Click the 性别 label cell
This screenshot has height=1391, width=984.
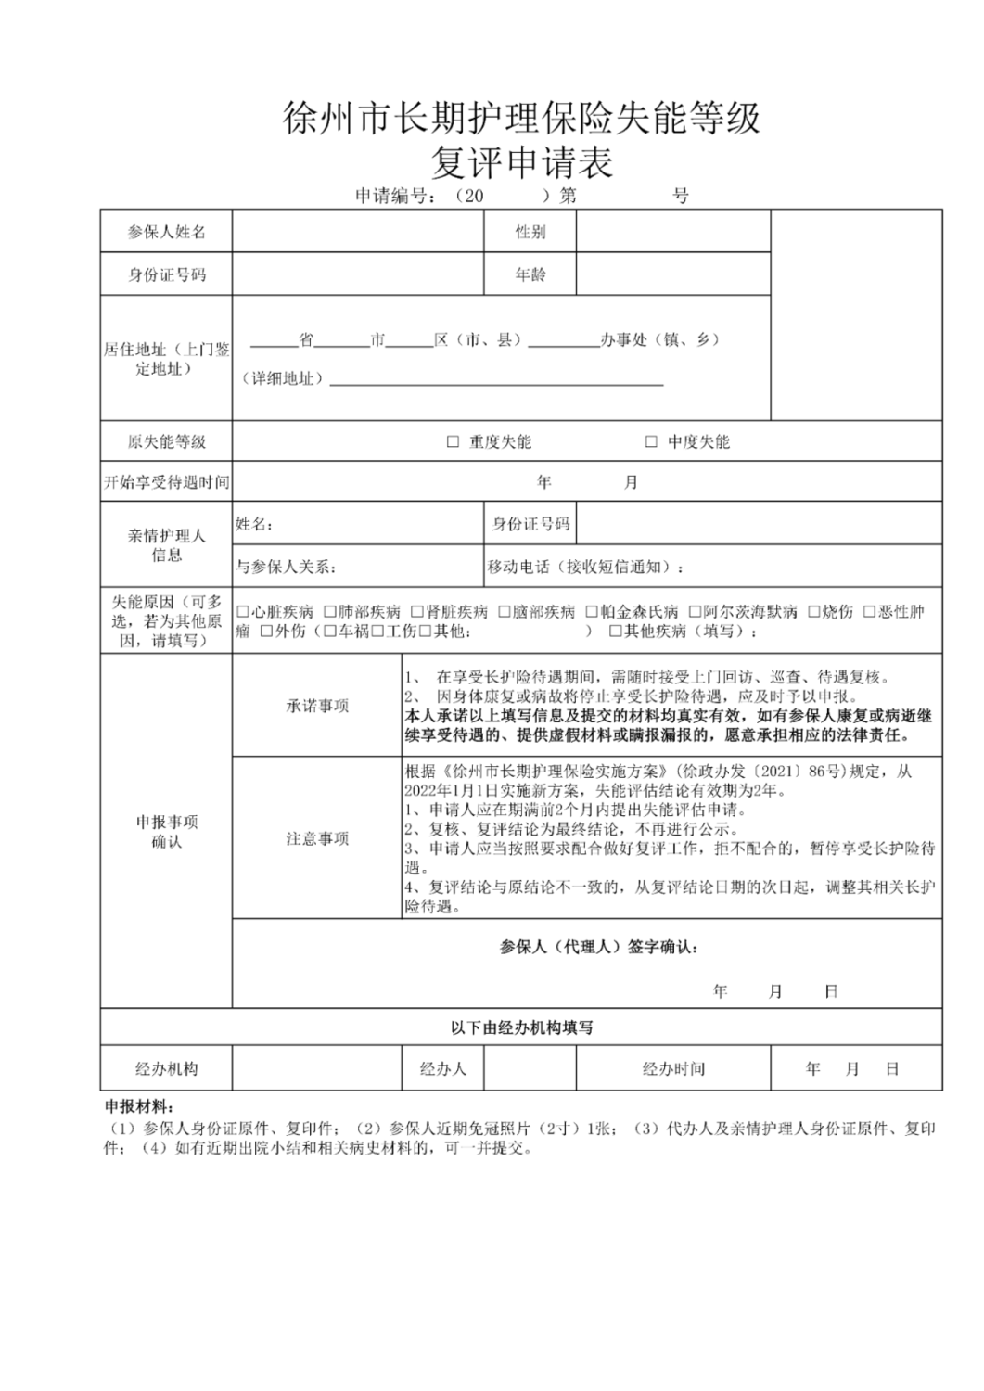pyautogui.click(x=530, y=232)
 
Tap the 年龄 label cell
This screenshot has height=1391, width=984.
pyautogui.click(x=530, y=274)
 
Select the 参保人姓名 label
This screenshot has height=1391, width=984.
pyautogui.click(x=166, y=232)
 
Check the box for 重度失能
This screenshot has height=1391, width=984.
pyautogui.click(x=454, y=441)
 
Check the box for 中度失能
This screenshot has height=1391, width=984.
pyautogui.click(x=651, y=441)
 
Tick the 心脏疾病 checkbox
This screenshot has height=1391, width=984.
pyautogui.click(x=243, y=612)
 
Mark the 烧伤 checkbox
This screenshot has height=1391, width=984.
pyautogui.click(x=814, y=612)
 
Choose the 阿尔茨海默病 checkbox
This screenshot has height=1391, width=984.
pyautogui.click(x=695, y=612)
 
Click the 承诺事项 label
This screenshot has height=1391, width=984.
pyautogui.click(x=317, y=706)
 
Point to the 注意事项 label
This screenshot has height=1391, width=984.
pyautogui.click(x=317, y=838)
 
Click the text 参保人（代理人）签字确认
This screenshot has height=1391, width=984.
pyautogui.click(x=598, y=947)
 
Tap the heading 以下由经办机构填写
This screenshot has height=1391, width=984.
pyautogui.click(x=521, y=1027)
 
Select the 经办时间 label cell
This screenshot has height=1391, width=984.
pyautogui.click(x=673, y=1069)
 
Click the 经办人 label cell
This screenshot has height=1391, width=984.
pyautogui.click(x=443, y=1069)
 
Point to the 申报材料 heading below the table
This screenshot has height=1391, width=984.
pyautogui.click(x=138, y=1107)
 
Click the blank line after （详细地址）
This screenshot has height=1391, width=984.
pyautogui.click(x=496, y=380)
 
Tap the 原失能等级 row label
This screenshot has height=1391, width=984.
pyautogui.click(x=166, y=441)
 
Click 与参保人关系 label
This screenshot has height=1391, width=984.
pyautogui.click(x=287, y=567)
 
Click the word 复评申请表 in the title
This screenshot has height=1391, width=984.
pyautogui.click(x=521, y=164)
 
